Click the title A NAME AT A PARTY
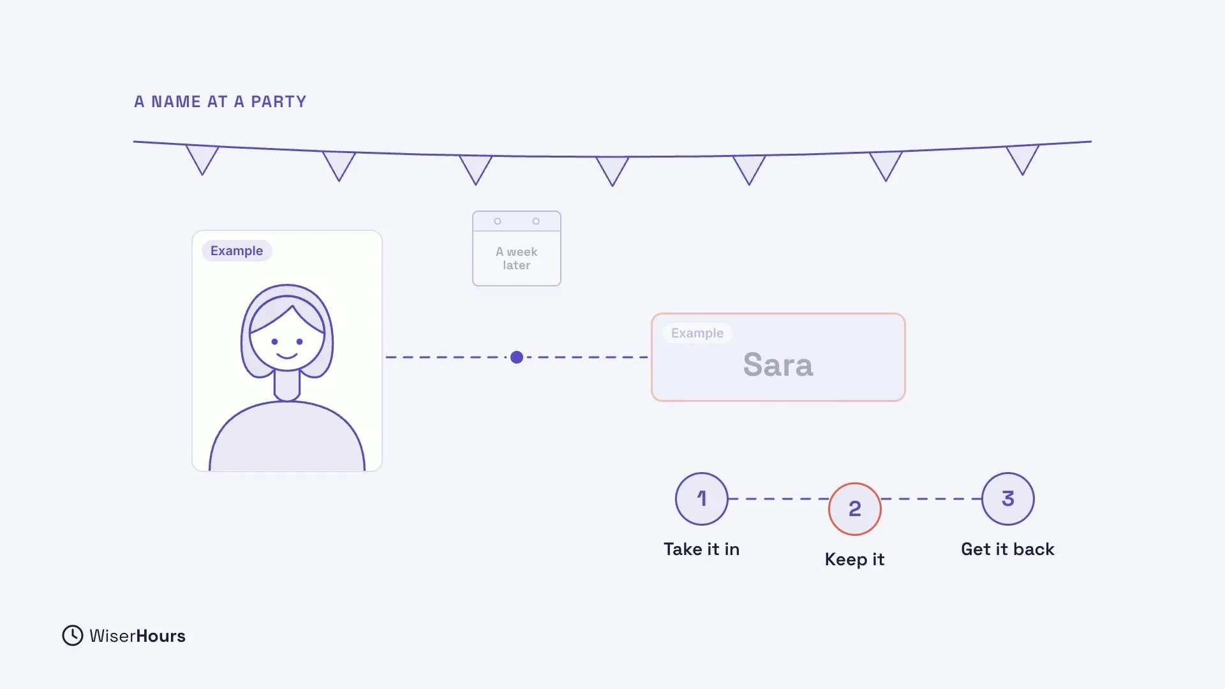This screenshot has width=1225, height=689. [220, 102]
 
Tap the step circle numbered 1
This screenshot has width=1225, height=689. [702, 499]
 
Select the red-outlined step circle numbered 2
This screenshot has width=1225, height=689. [855, 509]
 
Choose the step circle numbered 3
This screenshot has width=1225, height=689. [1008, 499]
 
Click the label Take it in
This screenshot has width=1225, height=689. [702, 549]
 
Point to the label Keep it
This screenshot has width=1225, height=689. [855, 559]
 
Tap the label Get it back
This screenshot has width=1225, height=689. [1008, 549]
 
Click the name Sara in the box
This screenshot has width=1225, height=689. [778, 365]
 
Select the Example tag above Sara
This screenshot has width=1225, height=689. [697, 333]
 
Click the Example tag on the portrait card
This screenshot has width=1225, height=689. [237, 251]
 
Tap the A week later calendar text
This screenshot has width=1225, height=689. [517, 258]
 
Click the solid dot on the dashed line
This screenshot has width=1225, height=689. [517, 357]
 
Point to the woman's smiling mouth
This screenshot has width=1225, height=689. [287, 355]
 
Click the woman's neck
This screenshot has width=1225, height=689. [287, 385]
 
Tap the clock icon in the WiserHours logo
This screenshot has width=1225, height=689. [73, 635]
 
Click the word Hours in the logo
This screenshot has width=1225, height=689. [161, 636]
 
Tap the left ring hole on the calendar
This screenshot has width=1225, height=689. [498, 221]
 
